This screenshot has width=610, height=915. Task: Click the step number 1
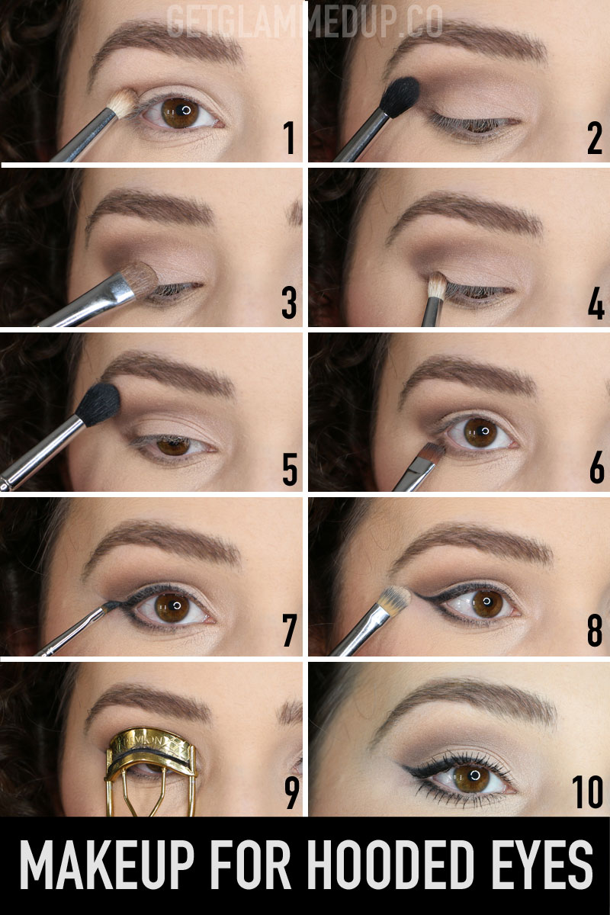click(289, 138)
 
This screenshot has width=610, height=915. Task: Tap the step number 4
click(596, 303)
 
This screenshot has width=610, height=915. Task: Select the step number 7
click(289, 631)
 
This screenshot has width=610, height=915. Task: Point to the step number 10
click(588, 792)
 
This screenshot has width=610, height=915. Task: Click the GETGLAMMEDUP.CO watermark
click(304, 21)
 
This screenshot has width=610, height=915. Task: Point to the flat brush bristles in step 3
click(142, 278)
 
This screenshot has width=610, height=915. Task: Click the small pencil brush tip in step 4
click(437, 284)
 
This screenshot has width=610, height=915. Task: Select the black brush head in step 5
click(99, 404)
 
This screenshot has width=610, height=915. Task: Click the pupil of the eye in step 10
click(475, 775)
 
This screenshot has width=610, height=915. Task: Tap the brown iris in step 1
click(181, 112)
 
